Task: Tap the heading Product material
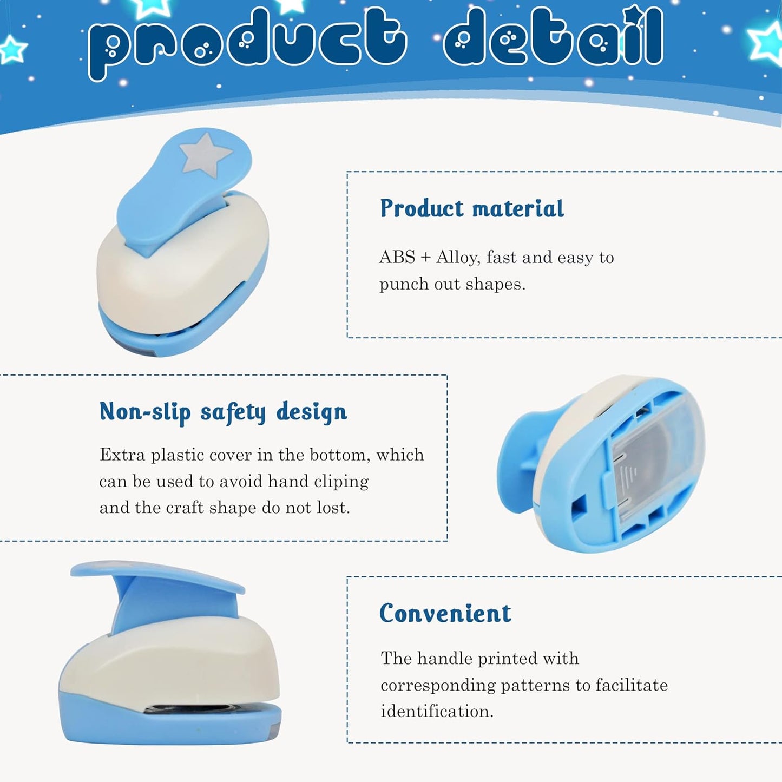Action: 471,209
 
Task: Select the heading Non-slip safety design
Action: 223,412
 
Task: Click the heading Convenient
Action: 445,614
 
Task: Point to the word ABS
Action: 397,257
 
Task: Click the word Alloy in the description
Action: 457,257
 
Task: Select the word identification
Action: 436,711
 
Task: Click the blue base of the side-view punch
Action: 162,728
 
